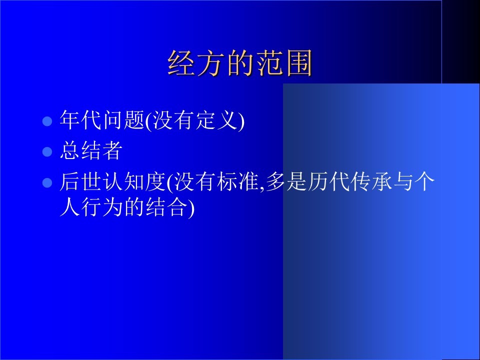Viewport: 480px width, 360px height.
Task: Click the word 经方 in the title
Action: click(x=197, y=63)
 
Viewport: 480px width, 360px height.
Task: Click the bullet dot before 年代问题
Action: click(x=47, y=121)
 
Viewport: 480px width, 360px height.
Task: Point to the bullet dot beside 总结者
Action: click(x=47, y=151)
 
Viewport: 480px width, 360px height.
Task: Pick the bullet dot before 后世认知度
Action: click(x=47, y=183)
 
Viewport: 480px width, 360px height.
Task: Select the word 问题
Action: click(x=123, y=119)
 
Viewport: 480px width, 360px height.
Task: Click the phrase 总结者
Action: click(x=91, y=150)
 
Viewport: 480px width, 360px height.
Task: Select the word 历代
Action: click(x=328, y=182)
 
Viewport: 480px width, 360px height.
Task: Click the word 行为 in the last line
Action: click(x=102, y=207)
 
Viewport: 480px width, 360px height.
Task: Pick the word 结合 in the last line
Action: click(x=166, y=207)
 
